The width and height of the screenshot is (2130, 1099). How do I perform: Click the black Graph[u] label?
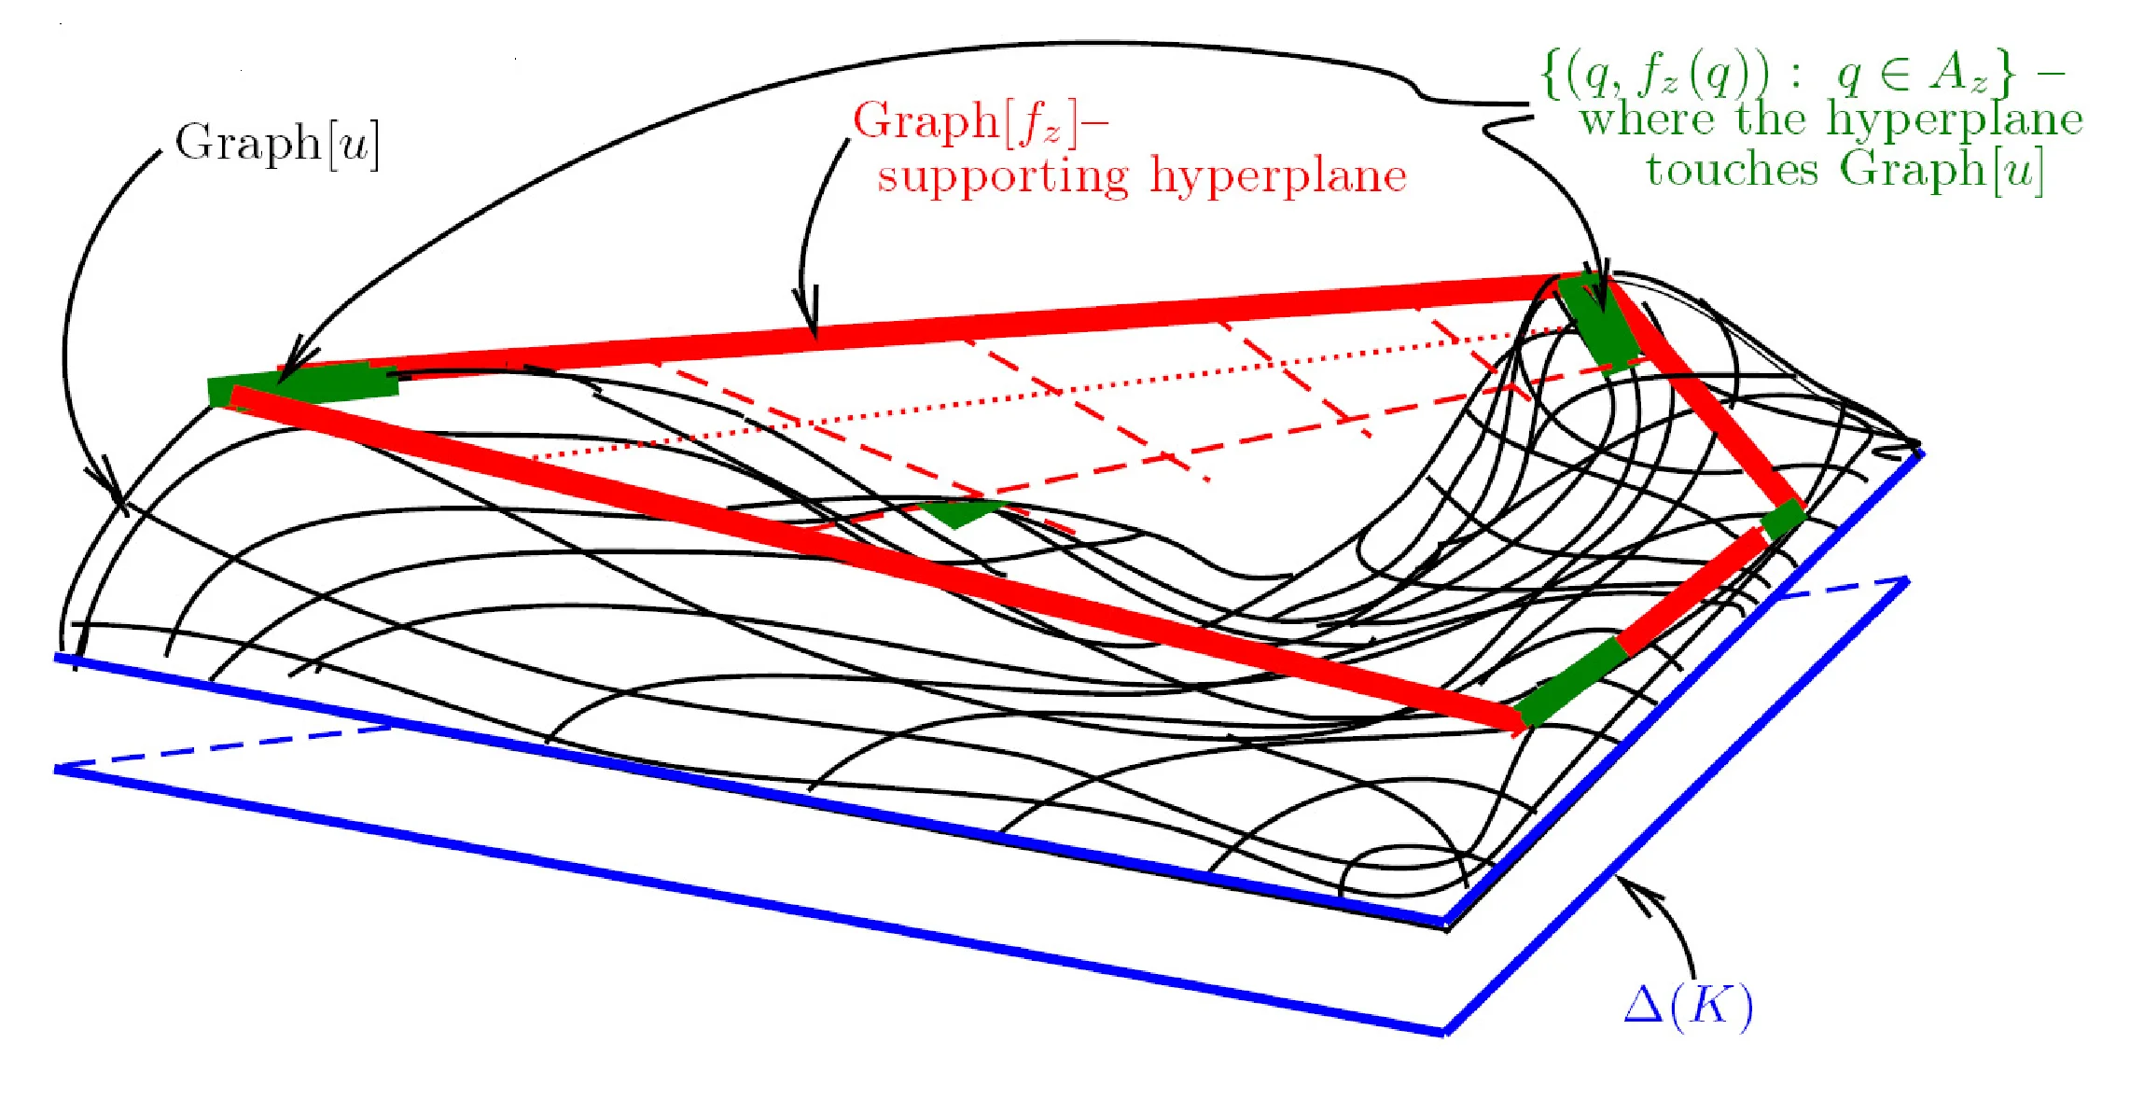click(x=277, y=145)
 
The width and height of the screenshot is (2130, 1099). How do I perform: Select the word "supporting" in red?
click(x=1003, y=176)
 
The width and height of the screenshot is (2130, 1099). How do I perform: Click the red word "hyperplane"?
click(x=1278, y=176)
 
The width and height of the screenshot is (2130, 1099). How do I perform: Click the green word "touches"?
click(x=1731, y=171)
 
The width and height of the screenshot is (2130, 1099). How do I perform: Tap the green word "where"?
click(x=1647, y=120)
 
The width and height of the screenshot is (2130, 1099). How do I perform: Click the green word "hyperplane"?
click(x=1955, y=120)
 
